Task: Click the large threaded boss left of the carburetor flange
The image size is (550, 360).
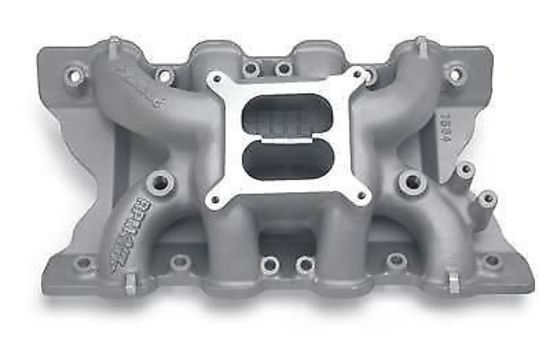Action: pyautogui.click(x=160, y=183)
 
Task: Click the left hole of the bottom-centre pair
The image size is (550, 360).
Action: pyautogui.click(x=269, y=264)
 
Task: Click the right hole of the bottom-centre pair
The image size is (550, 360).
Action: pyautogui.click(x=305, y=264)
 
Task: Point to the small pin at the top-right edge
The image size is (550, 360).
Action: pyautogui.click(x=420, y=44)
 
